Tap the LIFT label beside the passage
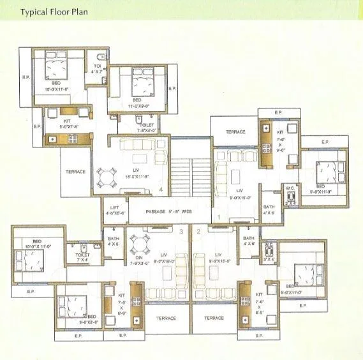click(x=115, y=211)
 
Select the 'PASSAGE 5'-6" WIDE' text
click(x=168, y=211)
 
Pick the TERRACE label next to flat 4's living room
click(x=76, y=172)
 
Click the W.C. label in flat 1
click(x=290, y=190)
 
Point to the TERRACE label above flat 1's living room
click(x=235, y=132)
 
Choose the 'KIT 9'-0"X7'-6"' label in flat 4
click(x=66, y=124)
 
